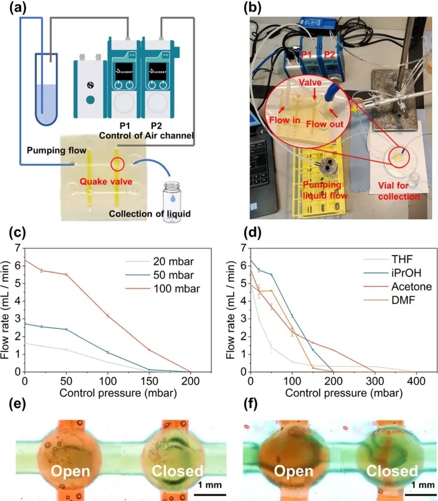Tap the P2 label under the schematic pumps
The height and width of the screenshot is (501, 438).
(156, 125)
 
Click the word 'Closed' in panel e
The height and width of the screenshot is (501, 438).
(177, 470)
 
